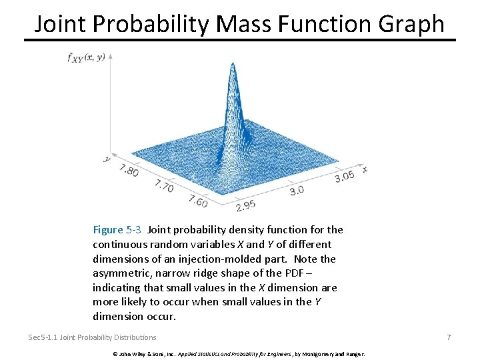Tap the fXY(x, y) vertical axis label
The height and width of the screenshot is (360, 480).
[86, 57]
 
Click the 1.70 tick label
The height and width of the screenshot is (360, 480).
[163, 187]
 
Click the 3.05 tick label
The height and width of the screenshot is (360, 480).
[345, 176]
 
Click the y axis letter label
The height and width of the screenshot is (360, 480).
[107, 159]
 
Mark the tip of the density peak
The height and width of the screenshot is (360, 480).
[233, 63]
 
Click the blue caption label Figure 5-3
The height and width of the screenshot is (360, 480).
[117, 230]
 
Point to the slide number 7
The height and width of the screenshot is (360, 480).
[449, 337]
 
